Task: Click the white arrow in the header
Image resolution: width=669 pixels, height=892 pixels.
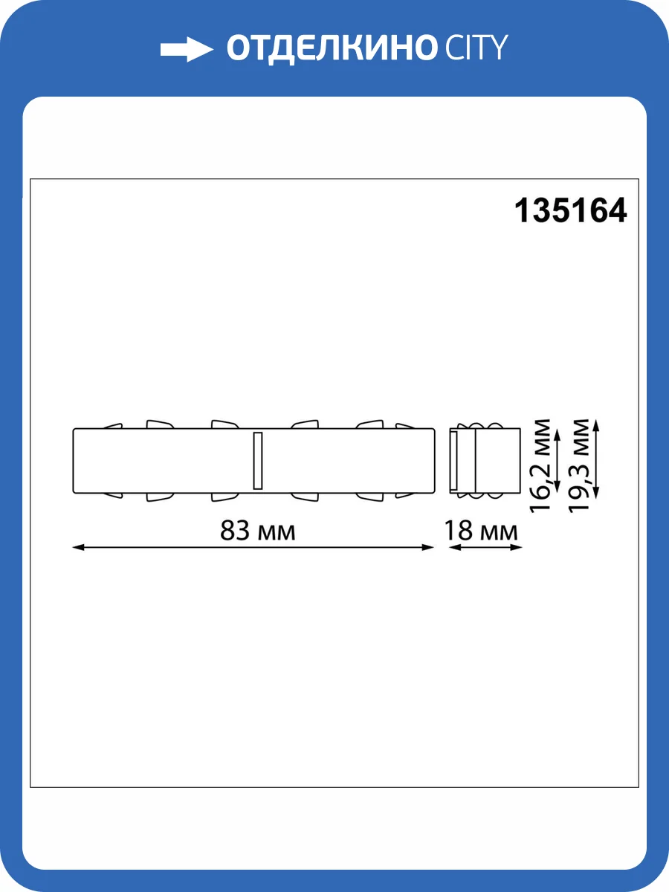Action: tap(186, 49)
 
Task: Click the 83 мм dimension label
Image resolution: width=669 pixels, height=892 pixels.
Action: tap(257, 531)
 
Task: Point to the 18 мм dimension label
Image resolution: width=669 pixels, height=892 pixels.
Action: tap(481, 531)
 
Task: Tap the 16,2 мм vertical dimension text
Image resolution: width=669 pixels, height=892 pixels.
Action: tap(543, 465)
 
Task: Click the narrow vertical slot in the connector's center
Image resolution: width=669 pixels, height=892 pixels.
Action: tap(258, 460)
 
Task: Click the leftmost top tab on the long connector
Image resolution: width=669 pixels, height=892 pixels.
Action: tap(112, 426)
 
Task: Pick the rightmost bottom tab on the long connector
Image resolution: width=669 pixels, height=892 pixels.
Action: tap(405, 494)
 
